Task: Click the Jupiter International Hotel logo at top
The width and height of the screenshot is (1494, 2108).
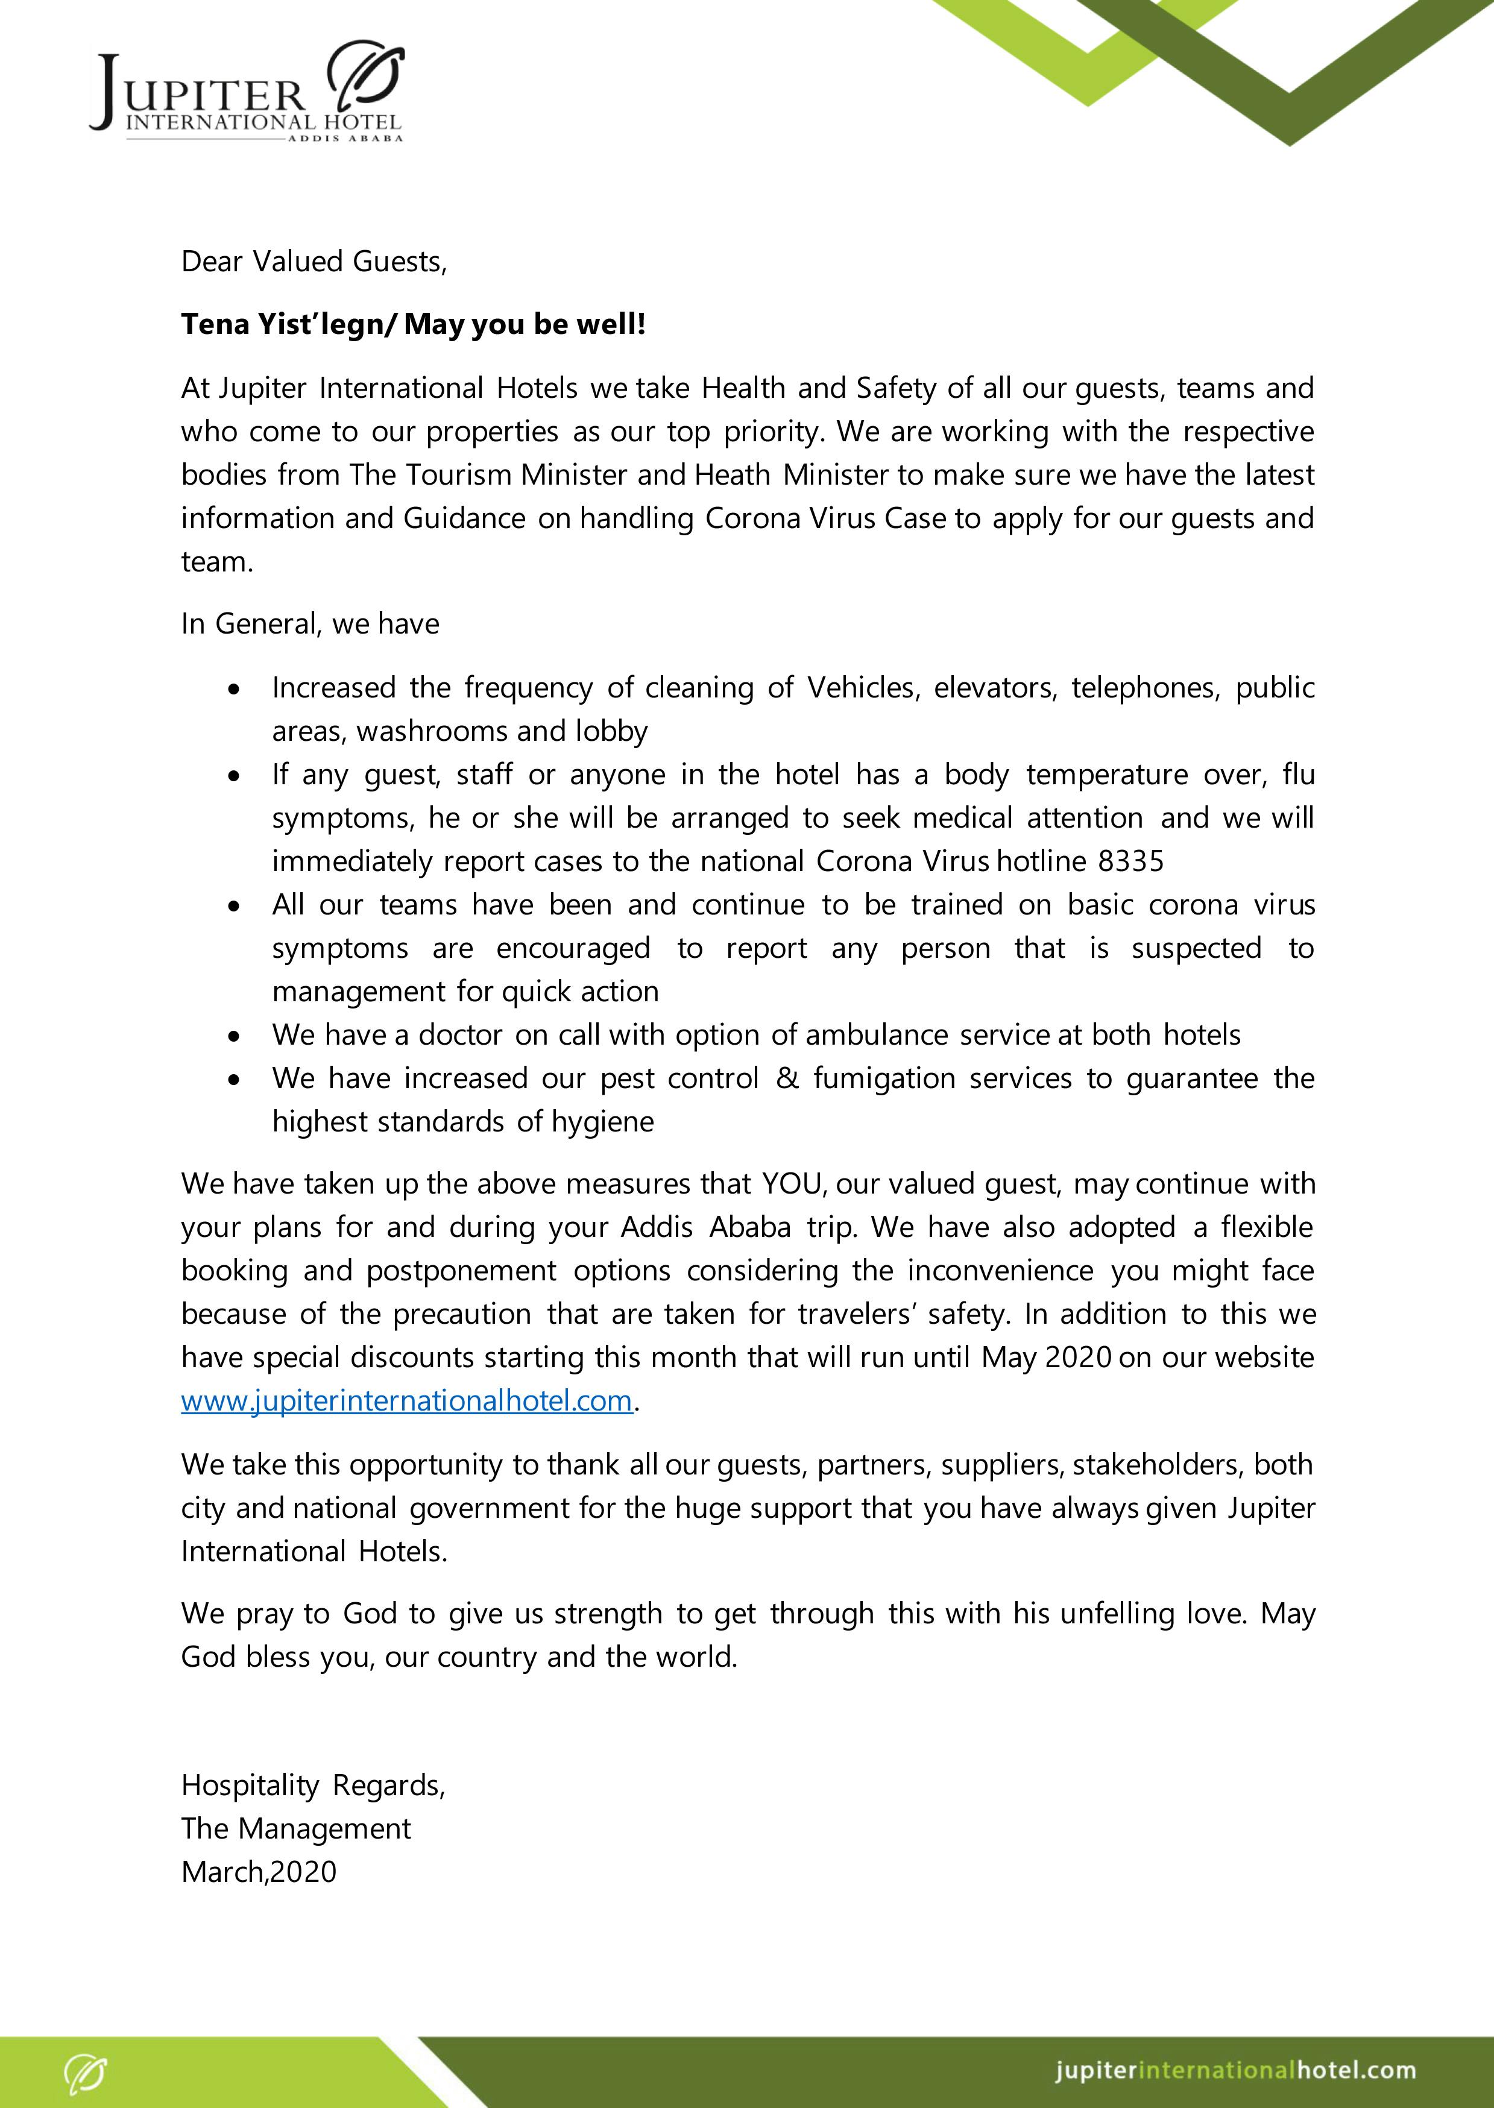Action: point(247,92)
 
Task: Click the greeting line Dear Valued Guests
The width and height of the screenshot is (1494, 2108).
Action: point(314,262)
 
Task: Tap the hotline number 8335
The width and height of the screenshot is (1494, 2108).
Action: point(1130,862)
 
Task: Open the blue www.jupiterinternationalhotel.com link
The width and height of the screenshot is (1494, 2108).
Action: point(406,1401)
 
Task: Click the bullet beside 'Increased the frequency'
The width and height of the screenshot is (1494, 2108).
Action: point(236,689)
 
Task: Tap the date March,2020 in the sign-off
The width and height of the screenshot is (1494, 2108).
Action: point(259,1872)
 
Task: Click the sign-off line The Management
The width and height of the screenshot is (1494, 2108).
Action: point(295,1828)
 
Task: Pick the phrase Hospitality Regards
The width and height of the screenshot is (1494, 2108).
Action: point(313,1785)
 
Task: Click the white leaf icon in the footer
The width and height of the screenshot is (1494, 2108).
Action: point(86,2073)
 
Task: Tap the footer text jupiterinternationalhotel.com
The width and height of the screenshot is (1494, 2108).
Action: point(1235,2070)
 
